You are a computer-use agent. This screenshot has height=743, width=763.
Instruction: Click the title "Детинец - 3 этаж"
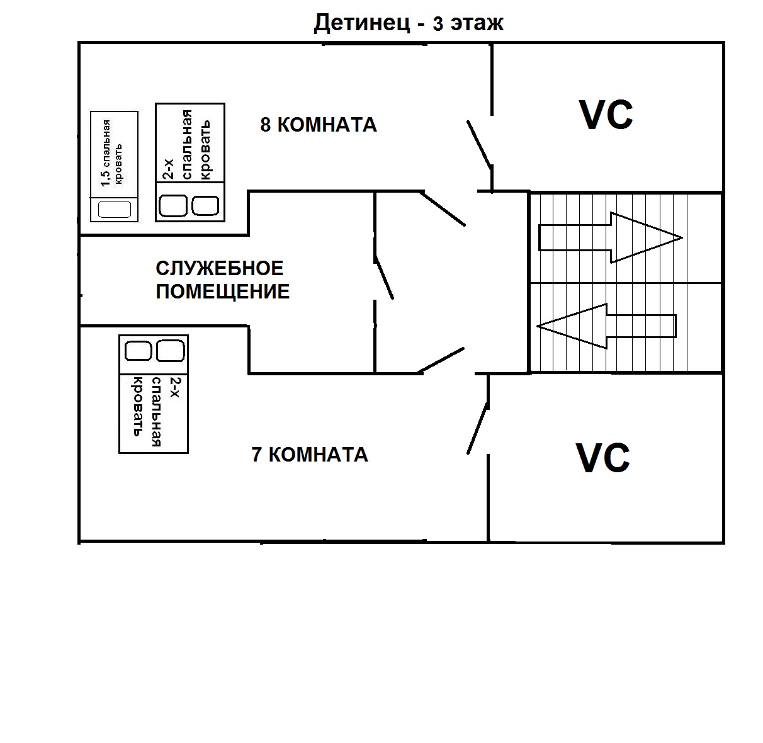(x=409, y=23)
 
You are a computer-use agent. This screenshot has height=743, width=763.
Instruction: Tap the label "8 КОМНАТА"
(x=319, y=125)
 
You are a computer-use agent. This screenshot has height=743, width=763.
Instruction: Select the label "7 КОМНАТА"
(x=310, y=454)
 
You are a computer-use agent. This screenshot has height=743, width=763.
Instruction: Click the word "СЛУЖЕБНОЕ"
(x=220, y=269)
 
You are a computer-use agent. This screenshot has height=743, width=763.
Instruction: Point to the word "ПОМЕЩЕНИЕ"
(x=223, y=292)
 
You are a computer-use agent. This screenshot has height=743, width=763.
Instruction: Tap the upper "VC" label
(x=606, y=115)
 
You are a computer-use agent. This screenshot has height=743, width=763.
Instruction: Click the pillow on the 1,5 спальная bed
(x=114, y=208)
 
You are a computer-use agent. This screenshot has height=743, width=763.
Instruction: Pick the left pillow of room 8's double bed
(x=172, y=205)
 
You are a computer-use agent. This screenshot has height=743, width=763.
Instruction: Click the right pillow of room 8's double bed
(x=205, y=205)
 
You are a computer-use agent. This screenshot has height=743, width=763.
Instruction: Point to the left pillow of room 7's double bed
(x=138, y=350)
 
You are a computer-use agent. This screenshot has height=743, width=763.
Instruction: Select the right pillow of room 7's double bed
(x=170, y=350)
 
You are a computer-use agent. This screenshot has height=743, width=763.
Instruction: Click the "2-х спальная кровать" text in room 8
(x=187, y=145)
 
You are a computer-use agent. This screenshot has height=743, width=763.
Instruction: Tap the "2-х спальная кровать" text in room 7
(x=154, y=407)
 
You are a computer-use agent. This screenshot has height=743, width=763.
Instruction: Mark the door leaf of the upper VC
(x=479, y=144)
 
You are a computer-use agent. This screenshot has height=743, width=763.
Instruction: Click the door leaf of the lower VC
(x=477, y=429)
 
